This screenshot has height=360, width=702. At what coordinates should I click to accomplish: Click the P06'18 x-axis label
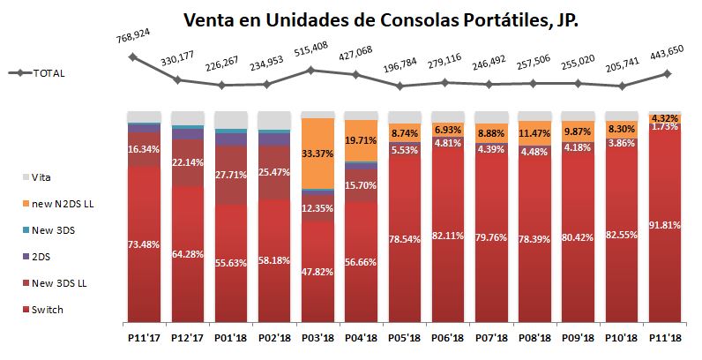(x=448, y=338)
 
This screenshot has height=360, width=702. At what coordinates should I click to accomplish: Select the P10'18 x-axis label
(x=624, y=338)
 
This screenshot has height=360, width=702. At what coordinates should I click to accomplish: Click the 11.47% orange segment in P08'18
(x=535, y=134)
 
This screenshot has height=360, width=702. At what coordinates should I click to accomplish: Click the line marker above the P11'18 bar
(x=668, y=73)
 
